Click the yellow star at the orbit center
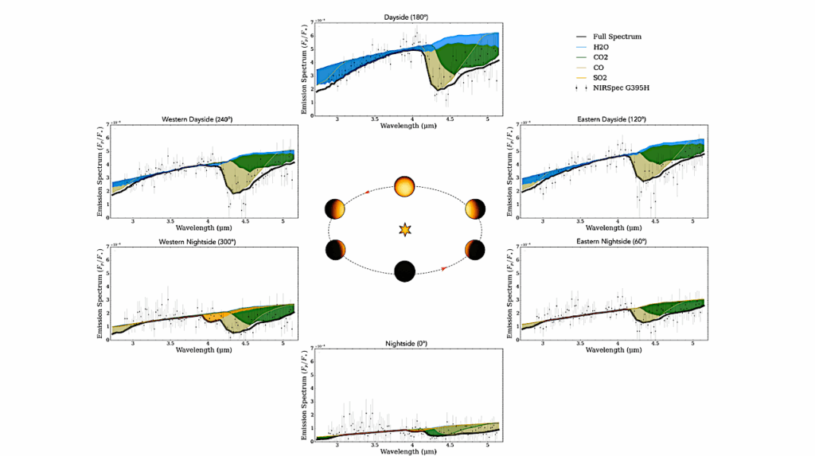coord(405,230)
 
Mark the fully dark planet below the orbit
coord(405,271)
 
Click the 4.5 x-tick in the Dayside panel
coord(450,119)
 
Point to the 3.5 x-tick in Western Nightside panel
coord(170,343)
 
